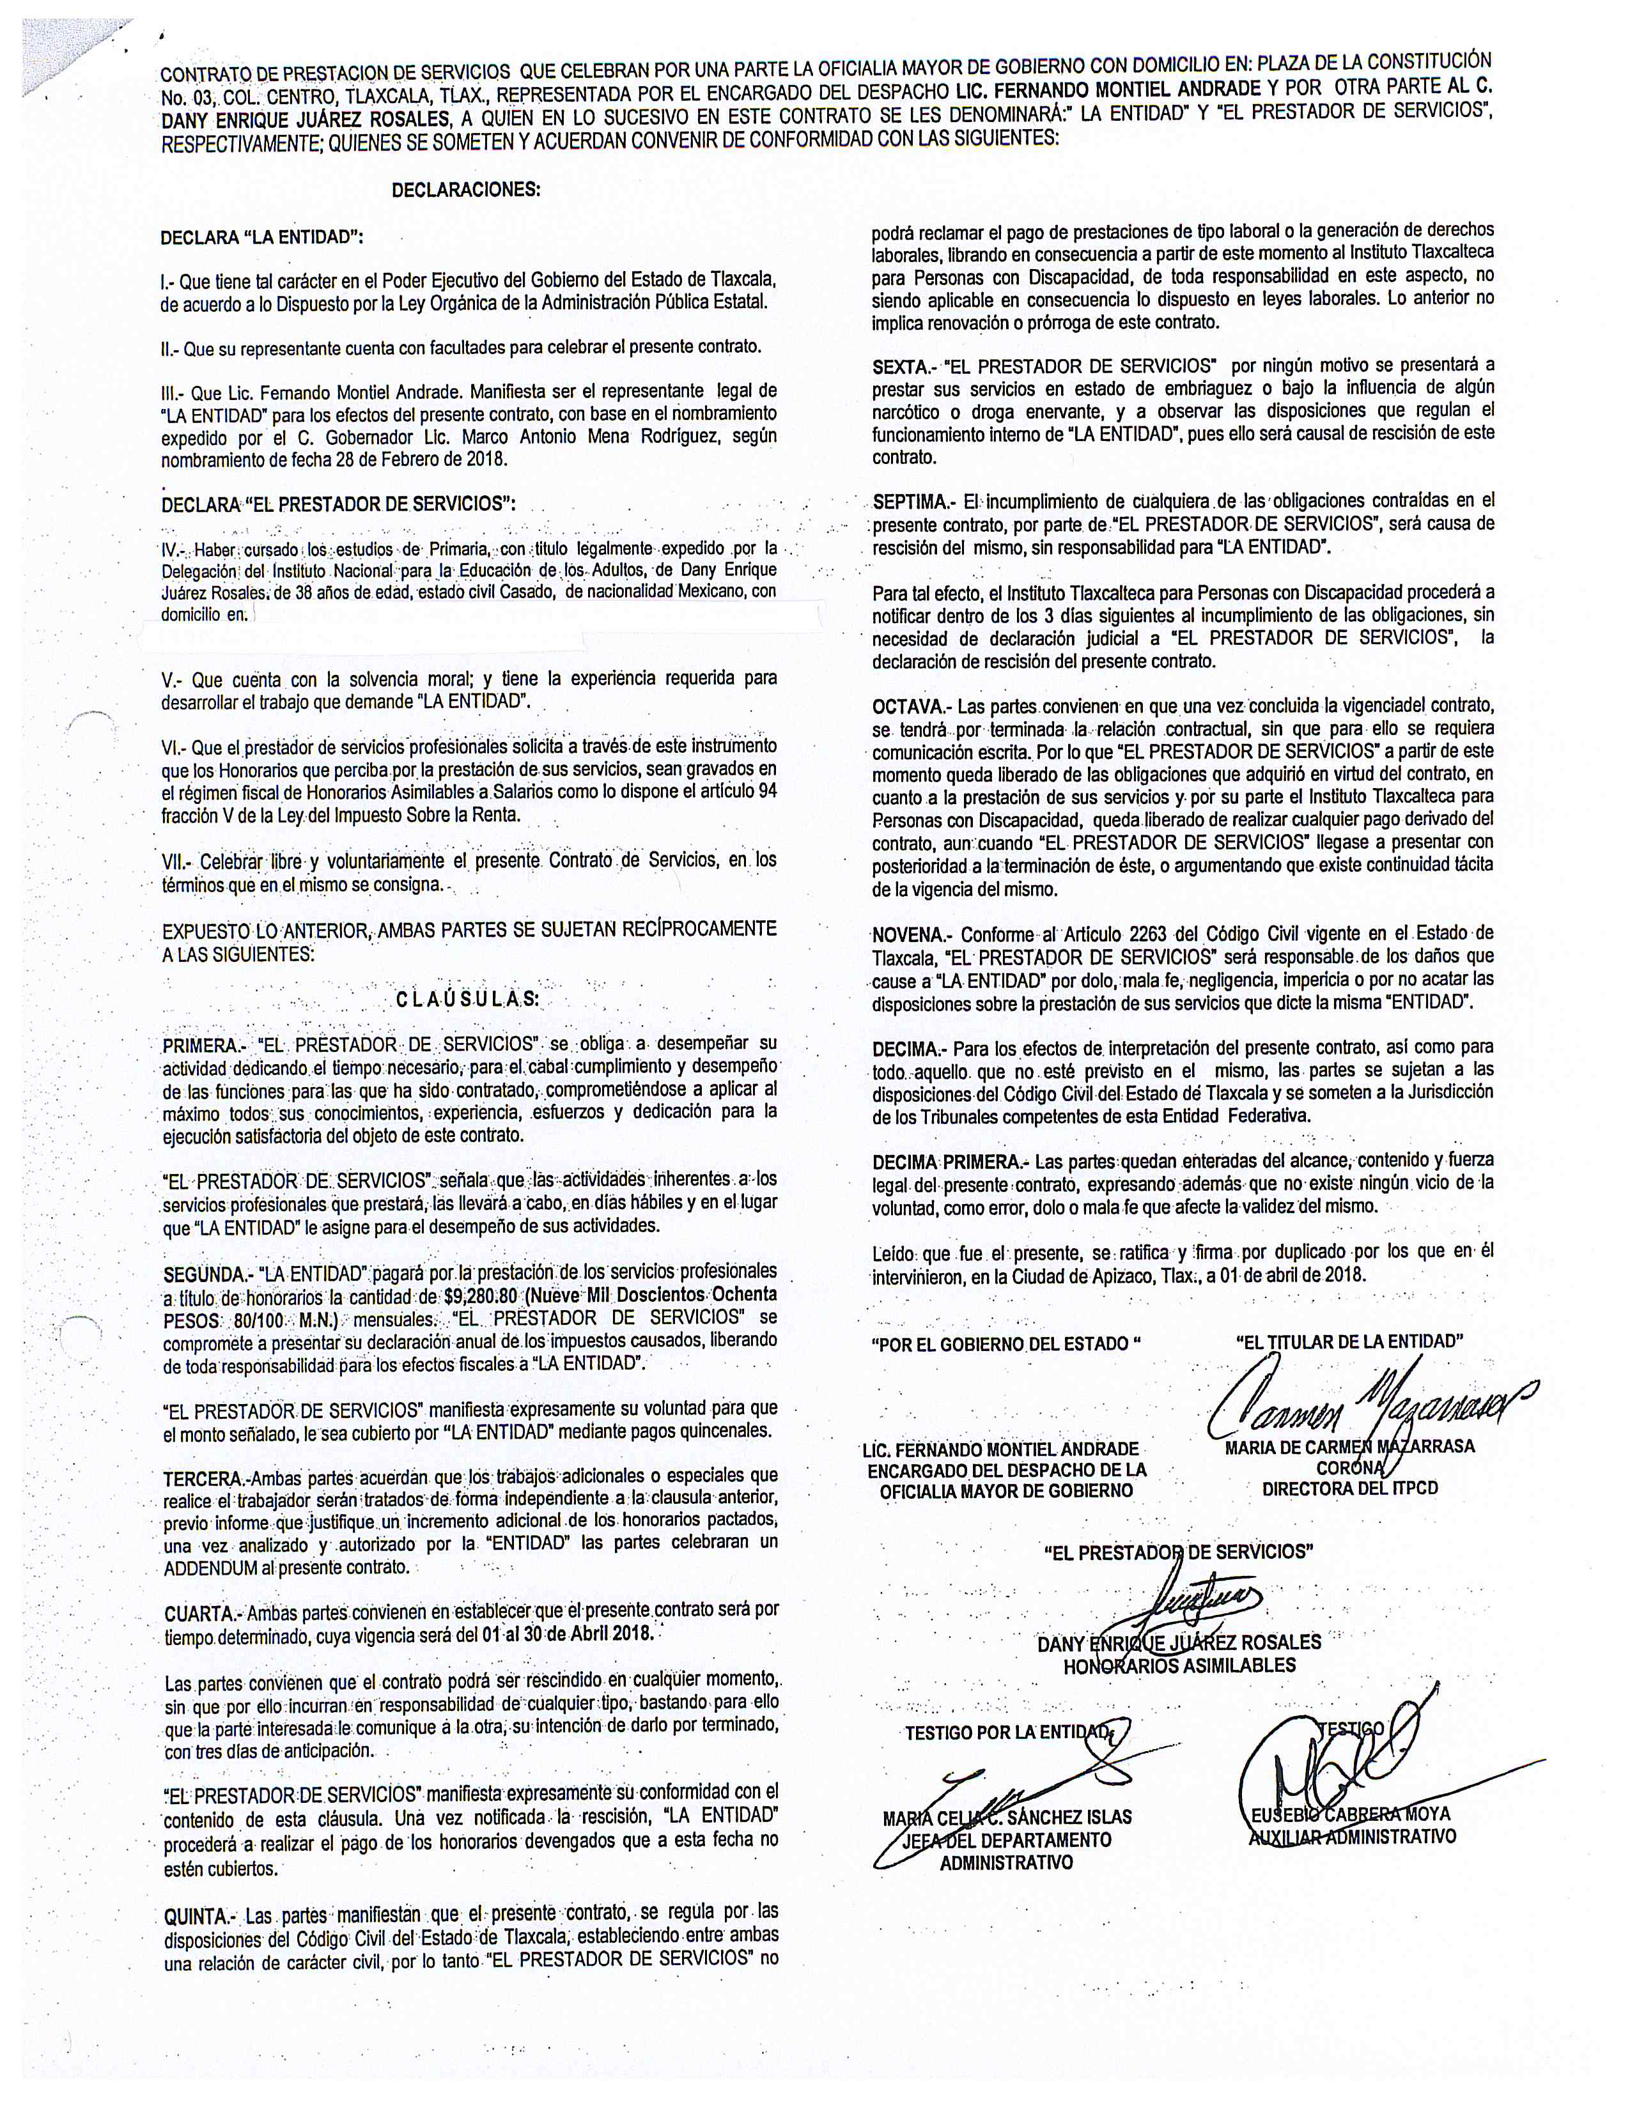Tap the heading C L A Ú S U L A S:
coord(467,1000)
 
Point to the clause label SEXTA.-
coord(901,366)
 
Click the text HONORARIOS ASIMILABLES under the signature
coord(1179,1665)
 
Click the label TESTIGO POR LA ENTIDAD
coord(1008,1733)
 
